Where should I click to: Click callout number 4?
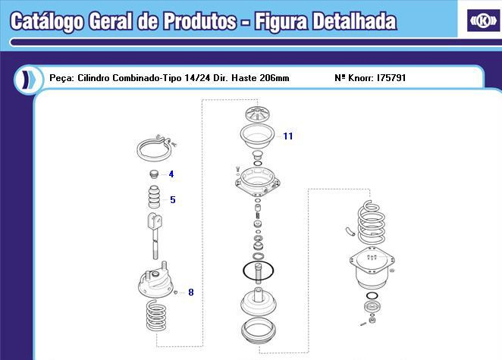(171, 174)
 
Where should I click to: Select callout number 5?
(172, 200)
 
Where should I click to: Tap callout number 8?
(190, 292)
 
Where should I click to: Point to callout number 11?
(288, 136)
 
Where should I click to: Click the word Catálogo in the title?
(44, 21)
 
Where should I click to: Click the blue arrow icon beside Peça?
(27, 79)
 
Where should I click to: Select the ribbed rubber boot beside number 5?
(154, 201)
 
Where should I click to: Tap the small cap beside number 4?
(154, 175)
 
